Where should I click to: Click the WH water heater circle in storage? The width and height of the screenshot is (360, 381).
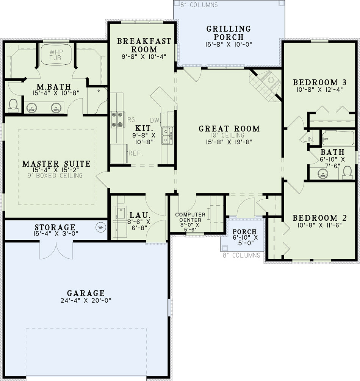coord(101,228)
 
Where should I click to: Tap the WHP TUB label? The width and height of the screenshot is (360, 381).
coord(56,55)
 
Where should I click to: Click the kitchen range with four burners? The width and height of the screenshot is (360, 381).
coord(117,120)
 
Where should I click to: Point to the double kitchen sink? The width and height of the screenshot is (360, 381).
coord(167,136)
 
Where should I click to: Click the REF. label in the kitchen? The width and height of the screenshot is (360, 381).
coord(136,153)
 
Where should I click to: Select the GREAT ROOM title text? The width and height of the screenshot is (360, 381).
coord(229,128)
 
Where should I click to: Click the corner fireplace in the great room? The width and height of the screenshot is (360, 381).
coord(265,86)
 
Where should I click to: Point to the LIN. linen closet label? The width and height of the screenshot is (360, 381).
coord(309,140)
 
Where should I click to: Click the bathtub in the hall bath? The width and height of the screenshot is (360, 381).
coord(338,138)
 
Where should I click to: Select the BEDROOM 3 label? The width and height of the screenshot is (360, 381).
coord(320,82)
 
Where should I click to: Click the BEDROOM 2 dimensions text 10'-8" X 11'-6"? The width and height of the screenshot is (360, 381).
coord(319,225)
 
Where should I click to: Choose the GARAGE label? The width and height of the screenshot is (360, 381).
coord(86,293)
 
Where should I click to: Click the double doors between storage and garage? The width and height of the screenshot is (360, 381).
coord(56,250)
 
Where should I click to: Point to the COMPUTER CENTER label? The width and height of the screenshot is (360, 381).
coord(190,217)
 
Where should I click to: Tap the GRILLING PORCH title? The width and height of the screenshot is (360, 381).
coord(229,33)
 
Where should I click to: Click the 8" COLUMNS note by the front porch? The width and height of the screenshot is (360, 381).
coord(241,255)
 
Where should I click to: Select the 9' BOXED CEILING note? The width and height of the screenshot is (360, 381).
coord(55,175)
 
